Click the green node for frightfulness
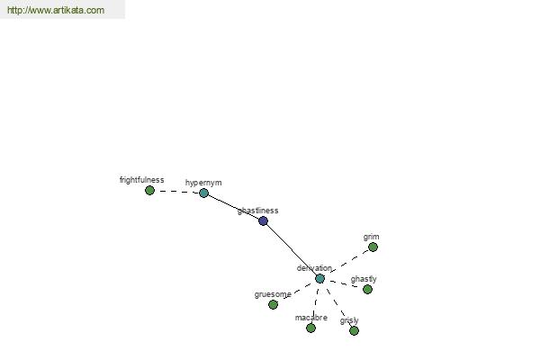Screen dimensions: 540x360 [149, 190]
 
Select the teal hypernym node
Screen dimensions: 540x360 [204, 193]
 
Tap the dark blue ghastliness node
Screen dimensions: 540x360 [263, 220]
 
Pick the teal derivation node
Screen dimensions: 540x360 [319, 278]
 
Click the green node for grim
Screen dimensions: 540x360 [373, 247]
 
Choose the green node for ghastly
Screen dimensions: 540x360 [367, 289]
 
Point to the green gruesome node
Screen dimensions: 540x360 [273, 304]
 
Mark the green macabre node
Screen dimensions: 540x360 [310, 328]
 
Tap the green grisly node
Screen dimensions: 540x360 [354, 330]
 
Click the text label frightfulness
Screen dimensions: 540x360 [141, 180]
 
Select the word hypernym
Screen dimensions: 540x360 [203, 183]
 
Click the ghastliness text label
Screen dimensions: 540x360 [258, 211]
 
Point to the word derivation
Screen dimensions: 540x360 [314, 267]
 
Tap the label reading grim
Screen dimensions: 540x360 [371, 237]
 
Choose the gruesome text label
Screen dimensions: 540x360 [273, 294]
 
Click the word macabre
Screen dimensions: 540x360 [311, 318]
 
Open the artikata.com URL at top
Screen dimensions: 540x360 [56, 10]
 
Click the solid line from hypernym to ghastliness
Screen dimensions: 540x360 [233, 207]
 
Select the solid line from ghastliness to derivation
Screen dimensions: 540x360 [292, 248]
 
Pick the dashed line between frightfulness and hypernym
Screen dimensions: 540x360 [176, 192]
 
